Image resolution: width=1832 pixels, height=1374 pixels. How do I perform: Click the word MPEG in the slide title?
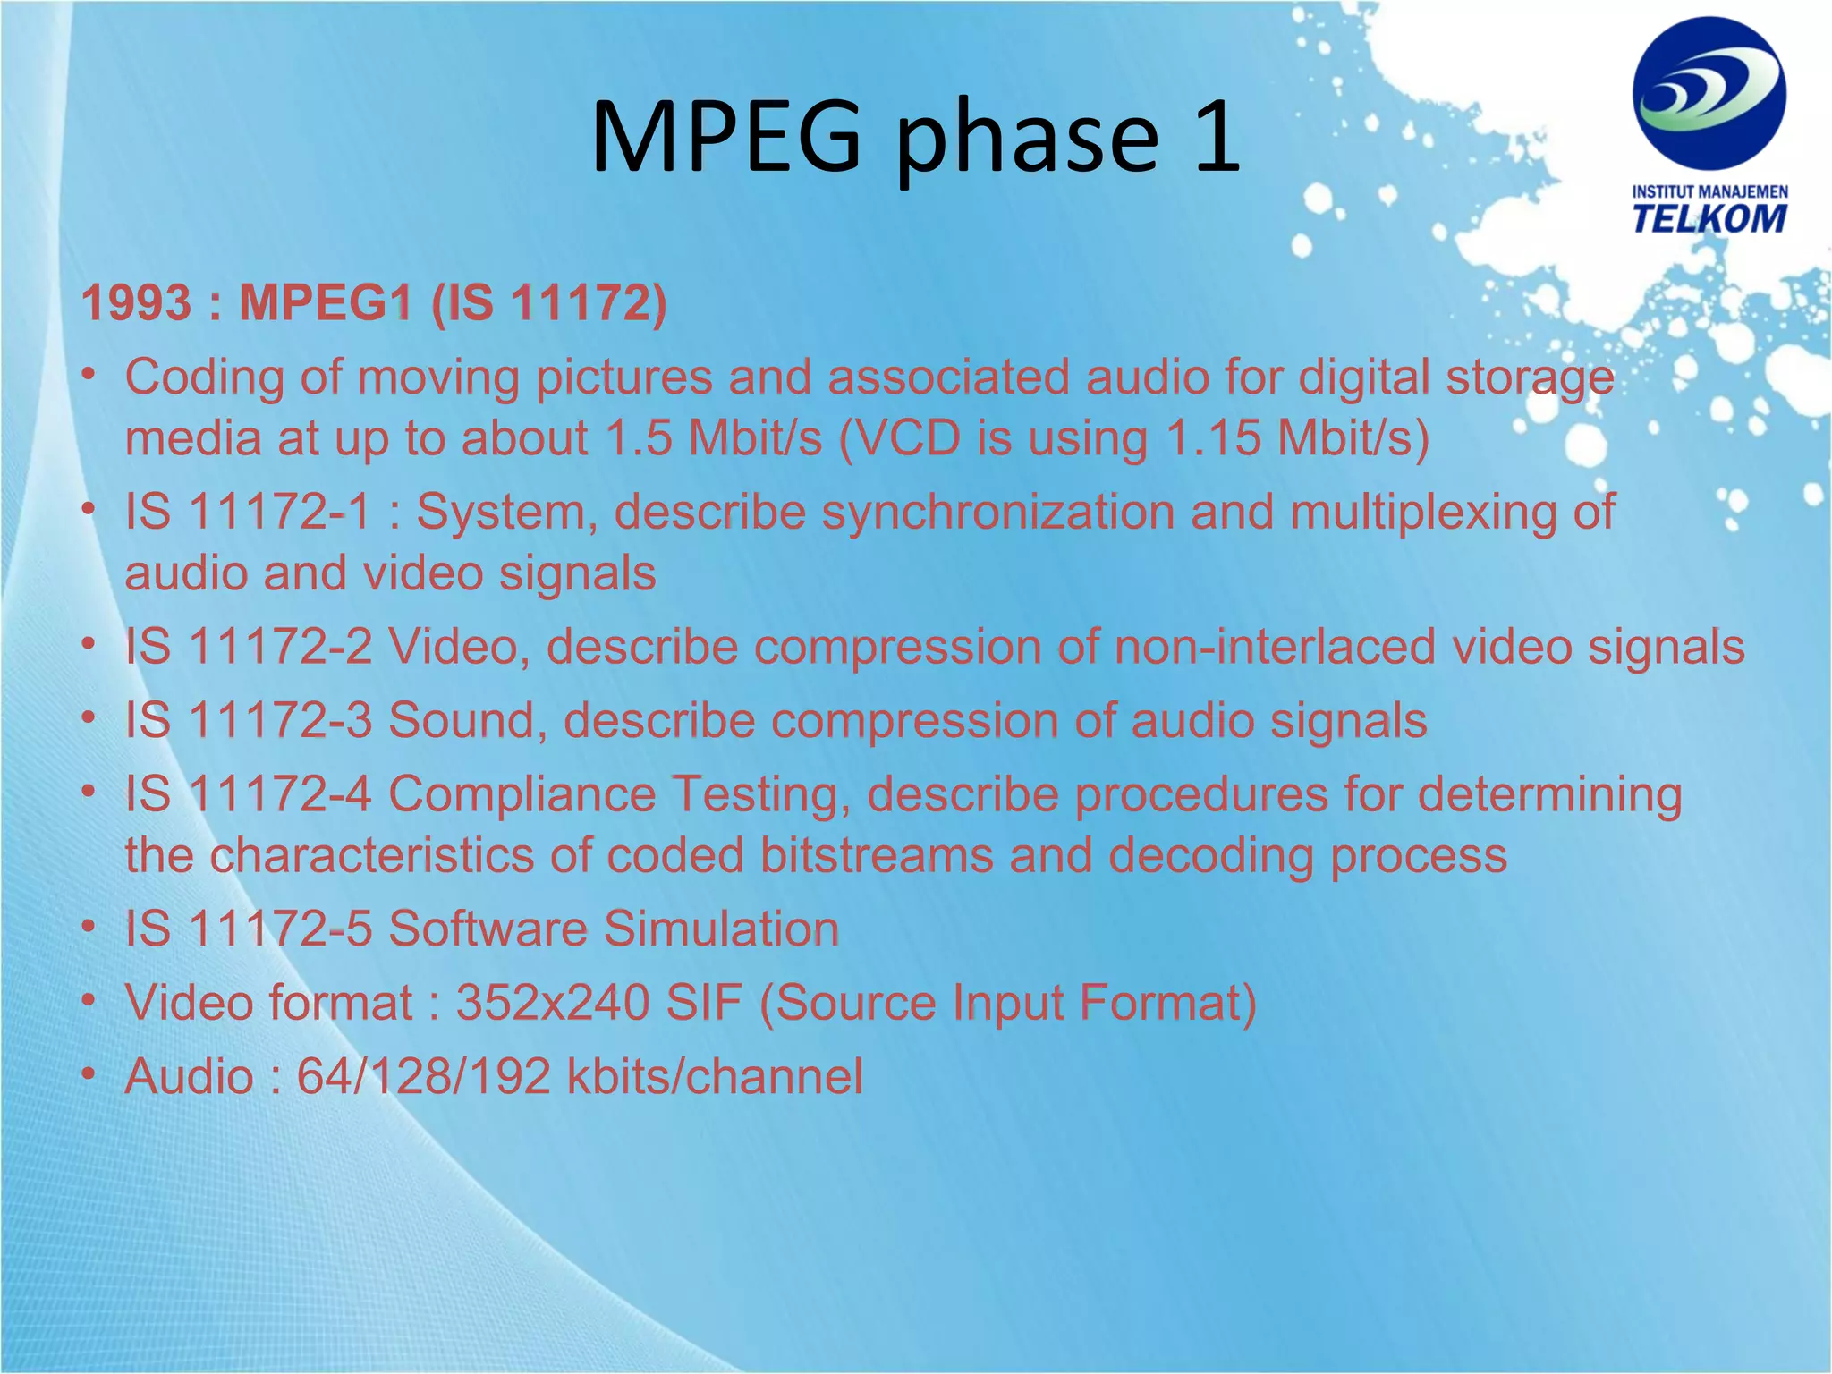(725, 136)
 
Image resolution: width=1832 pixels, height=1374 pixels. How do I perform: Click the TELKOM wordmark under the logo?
(1709, 218)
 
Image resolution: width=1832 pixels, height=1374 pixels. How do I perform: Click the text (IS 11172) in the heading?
(548, 302)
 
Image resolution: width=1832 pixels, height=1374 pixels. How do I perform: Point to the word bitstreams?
(877, 856)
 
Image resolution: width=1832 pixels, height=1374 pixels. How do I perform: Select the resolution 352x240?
(553, 1003)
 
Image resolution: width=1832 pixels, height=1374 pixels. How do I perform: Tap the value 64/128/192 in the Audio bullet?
(423, 1076)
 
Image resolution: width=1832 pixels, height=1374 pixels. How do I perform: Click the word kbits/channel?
(715, 1076)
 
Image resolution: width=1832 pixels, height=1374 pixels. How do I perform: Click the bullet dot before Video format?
(88, 1001)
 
